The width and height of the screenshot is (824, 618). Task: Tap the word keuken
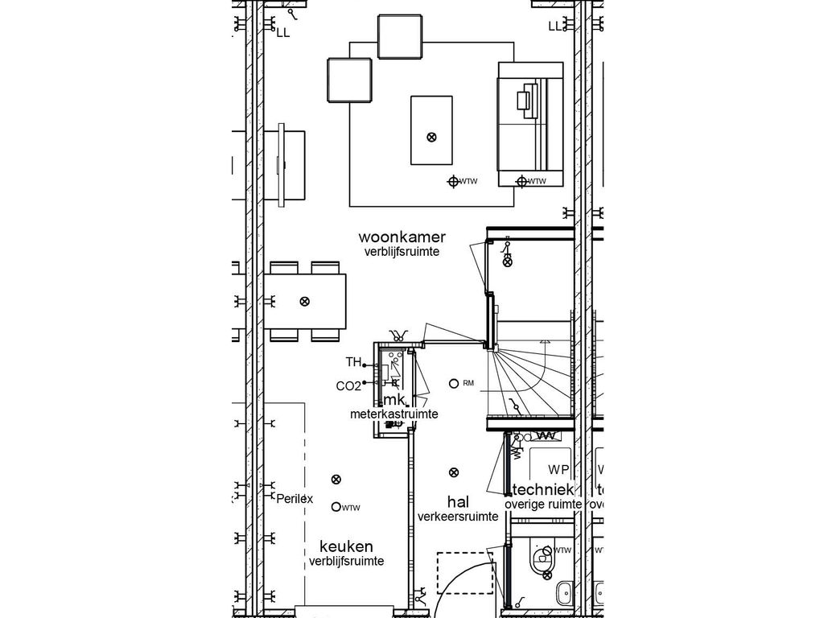coord(345,546)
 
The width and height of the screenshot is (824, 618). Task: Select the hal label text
coord(457,502)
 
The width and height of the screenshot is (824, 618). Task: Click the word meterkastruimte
coord(393,414)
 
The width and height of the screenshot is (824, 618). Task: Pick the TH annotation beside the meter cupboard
coord(353,362)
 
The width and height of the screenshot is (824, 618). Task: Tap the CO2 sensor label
coord(348,385)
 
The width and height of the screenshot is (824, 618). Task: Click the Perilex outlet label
coord(295,499)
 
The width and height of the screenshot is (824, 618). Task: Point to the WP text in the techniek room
coord(558,469)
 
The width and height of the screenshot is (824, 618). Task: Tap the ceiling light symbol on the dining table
coord(304,301)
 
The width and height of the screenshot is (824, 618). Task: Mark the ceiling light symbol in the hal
coord(454,472)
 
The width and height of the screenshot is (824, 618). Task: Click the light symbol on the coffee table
coord(431,137)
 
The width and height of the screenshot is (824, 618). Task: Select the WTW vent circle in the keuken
coord(336,507)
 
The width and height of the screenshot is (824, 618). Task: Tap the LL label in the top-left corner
coord(283,33)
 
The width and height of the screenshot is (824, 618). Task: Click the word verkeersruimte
coord(457,517)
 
